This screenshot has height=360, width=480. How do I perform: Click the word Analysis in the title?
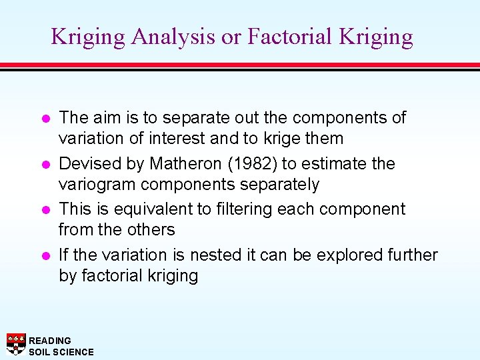coord(173,37)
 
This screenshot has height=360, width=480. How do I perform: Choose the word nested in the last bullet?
coord(213,255)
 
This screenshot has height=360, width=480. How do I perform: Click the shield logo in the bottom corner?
coord(16,344)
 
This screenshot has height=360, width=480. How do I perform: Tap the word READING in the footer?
coord(50,341)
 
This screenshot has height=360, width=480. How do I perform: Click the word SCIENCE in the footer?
coord(73,352)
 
